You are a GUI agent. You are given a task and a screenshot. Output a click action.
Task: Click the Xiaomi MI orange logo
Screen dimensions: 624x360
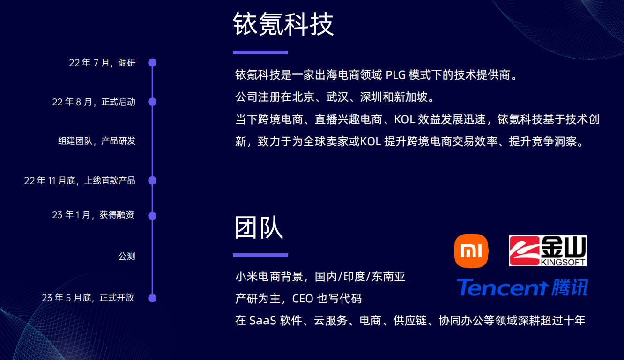click(471, 251)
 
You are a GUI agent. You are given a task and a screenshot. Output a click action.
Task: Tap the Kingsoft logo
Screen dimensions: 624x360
click(548, 251)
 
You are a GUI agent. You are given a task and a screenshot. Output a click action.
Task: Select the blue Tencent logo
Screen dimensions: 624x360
click(522, 287)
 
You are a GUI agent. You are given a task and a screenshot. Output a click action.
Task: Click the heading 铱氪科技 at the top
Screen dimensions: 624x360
click(283, 24)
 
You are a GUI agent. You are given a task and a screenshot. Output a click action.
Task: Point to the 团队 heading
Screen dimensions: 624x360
click(259, 228)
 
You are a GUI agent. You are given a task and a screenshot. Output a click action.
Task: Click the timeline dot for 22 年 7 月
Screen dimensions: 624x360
click(152, 63)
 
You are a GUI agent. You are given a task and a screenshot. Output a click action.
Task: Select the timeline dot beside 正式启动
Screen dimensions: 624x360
click(152, 102)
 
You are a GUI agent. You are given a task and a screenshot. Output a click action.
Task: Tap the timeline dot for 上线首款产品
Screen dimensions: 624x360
click(152, 181)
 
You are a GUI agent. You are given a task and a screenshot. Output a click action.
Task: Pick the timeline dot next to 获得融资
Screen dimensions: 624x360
click(152, 216)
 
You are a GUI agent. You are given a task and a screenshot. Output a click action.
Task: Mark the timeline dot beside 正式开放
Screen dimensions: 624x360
click(152, 298)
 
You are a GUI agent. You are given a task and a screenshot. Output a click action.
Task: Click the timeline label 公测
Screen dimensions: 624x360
click(127, 256)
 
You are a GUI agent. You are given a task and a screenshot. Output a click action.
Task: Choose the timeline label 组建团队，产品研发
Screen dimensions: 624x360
click(97, 141)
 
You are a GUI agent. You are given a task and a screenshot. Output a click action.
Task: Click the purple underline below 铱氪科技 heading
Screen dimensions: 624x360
click(260, 52)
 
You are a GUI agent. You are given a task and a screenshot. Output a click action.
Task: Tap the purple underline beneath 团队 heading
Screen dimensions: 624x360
click(260, 255)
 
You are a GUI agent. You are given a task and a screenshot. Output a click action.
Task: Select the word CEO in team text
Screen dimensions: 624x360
click(303, 299)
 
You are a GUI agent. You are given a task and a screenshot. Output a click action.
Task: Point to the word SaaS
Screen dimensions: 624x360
click(263, 321)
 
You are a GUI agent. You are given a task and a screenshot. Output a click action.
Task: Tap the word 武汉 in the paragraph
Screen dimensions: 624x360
click(337, 97)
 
